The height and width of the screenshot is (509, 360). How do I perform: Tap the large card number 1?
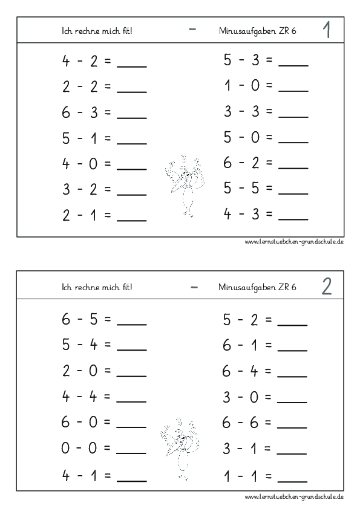click(327, 31)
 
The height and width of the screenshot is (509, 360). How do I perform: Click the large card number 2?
click(327, 287)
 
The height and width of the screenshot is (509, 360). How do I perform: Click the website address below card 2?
click(295, 497)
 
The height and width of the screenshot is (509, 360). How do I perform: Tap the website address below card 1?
click(295, 242)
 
